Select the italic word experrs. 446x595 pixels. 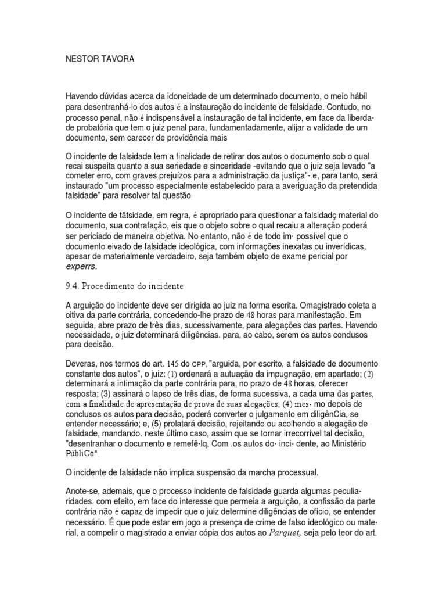[x=81, y=266]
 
